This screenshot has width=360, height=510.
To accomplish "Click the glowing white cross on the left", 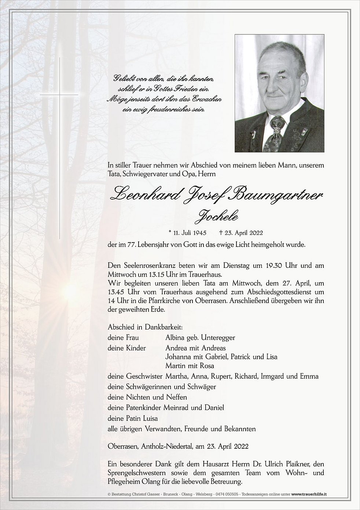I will point(59,95).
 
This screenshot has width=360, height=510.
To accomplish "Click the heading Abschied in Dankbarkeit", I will point(145,327).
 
